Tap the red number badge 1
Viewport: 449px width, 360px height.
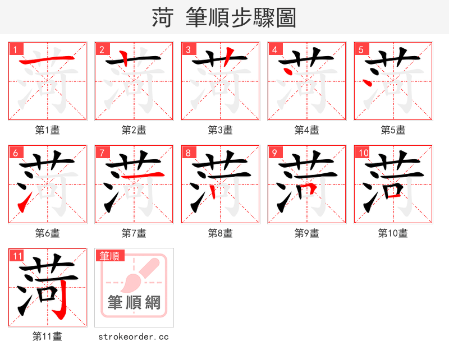(16, 50)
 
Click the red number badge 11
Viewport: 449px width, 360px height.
(17, 256)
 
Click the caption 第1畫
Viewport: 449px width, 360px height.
(48, 130)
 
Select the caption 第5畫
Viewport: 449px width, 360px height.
(393, 130)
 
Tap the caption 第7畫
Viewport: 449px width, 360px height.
(134, 233)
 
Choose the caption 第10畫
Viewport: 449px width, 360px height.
(393, 233)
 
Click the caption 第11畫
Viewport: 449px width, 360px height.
(48, 336)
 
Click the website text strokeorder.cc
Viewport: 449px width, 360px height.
(134, 337)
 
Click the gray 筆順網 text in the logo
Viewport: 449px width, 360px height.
(134, 303)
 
